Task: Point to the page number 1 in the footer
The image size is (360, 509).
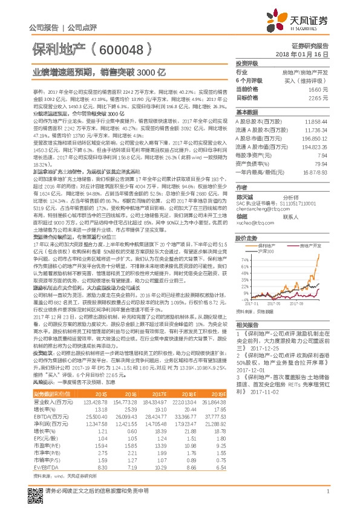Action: click(327, 496)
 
